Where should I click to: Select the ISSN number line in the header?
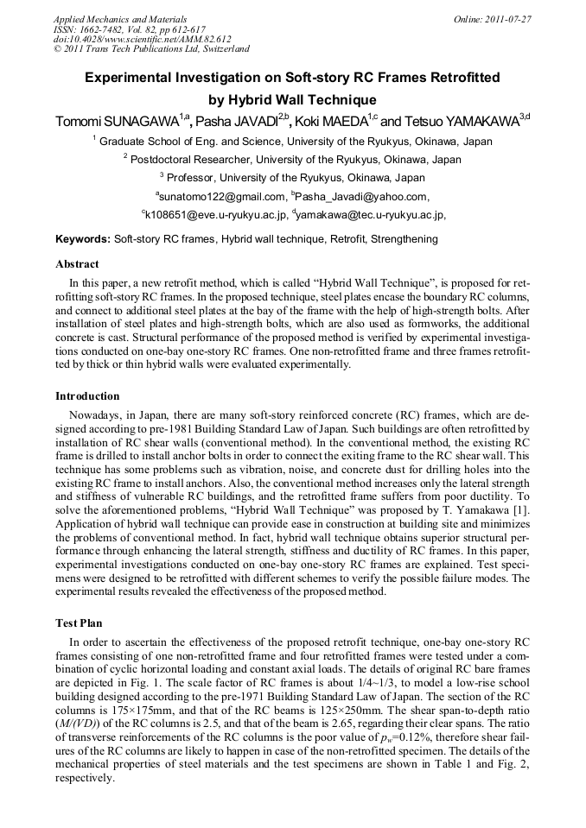click(x=116, y=28)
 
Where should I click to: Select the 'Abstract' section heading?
click(x=77, y=264)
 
